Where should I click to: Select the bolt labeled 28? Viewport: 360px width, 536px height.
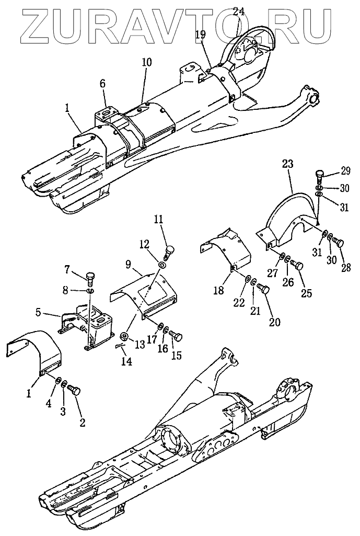click(338, 243)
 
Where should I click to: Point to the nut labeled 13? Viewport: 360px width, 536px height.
click(125, 335)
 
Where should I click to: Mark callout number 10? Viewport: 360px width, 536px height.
click(147, 62)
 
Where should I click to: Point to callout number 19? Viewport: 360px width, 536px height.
click(201, 35)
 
